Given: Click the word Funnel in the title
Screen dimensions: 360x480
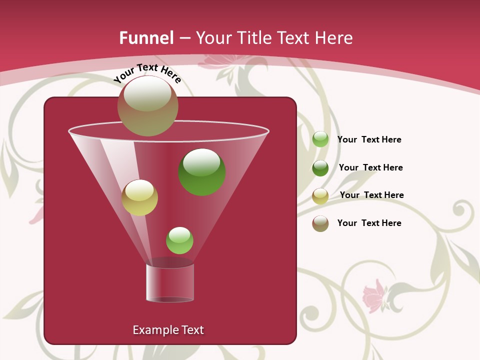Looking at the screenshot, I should (x=146, y=38).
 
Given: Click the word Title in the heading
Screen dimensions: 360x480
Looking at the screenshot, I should (x=253, y=38).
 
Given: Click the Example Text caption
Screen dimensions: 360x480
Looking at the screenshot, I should (x=168, y=330).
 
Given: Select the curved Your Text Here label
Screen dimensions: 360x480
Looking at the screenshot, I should (x=147, y=73).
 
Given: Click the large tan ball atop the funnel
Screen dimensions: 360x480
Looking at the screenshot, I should (x=148, y=105).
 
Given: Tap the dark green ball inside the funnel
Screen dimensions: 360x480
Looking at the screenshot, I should (x=202, y=172).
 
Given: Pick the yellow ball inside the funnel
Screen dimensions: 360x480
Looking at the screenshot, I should (x=139, y=197).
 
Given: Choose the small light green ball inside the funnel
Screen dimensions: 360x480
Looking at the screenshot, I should (x=179, y=240).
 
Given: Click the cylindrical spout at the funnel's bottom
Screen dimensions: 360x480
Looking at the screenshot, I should (x=169, y=283).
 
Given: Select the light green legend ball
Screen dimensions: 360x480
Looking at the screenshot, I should (x=320, y=139).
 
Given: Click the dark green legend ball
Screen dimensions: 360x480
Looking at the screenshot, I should (x=320, y=168).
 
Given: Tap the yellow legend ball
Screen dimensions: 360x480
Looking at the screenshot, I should (x=320, y=196).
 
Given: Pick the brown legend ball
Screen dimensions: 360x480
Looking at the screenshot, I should (x=320, y=223).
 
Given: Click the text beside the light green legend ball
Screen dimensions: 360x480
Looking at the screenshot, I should (x=369, y=139).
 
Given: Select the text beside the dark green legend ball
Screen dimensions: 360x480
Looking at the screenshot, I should (x=370, y=167).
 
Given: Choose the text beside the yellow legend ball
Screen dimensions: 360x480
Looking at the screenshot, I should (x=371, y=195).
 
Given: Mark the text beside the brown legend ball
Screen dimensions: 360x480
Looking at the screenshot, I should (x=369, y=223).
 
